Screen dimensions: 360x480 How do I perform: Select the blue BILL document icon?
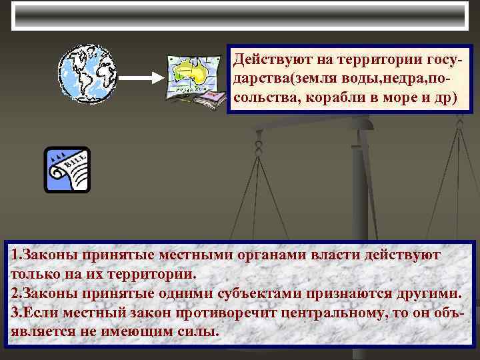pyautogui.click(x=67, y=170)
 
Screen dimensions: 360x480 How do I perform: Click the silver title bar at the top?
pyautogui.click(x=240, y=15)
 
